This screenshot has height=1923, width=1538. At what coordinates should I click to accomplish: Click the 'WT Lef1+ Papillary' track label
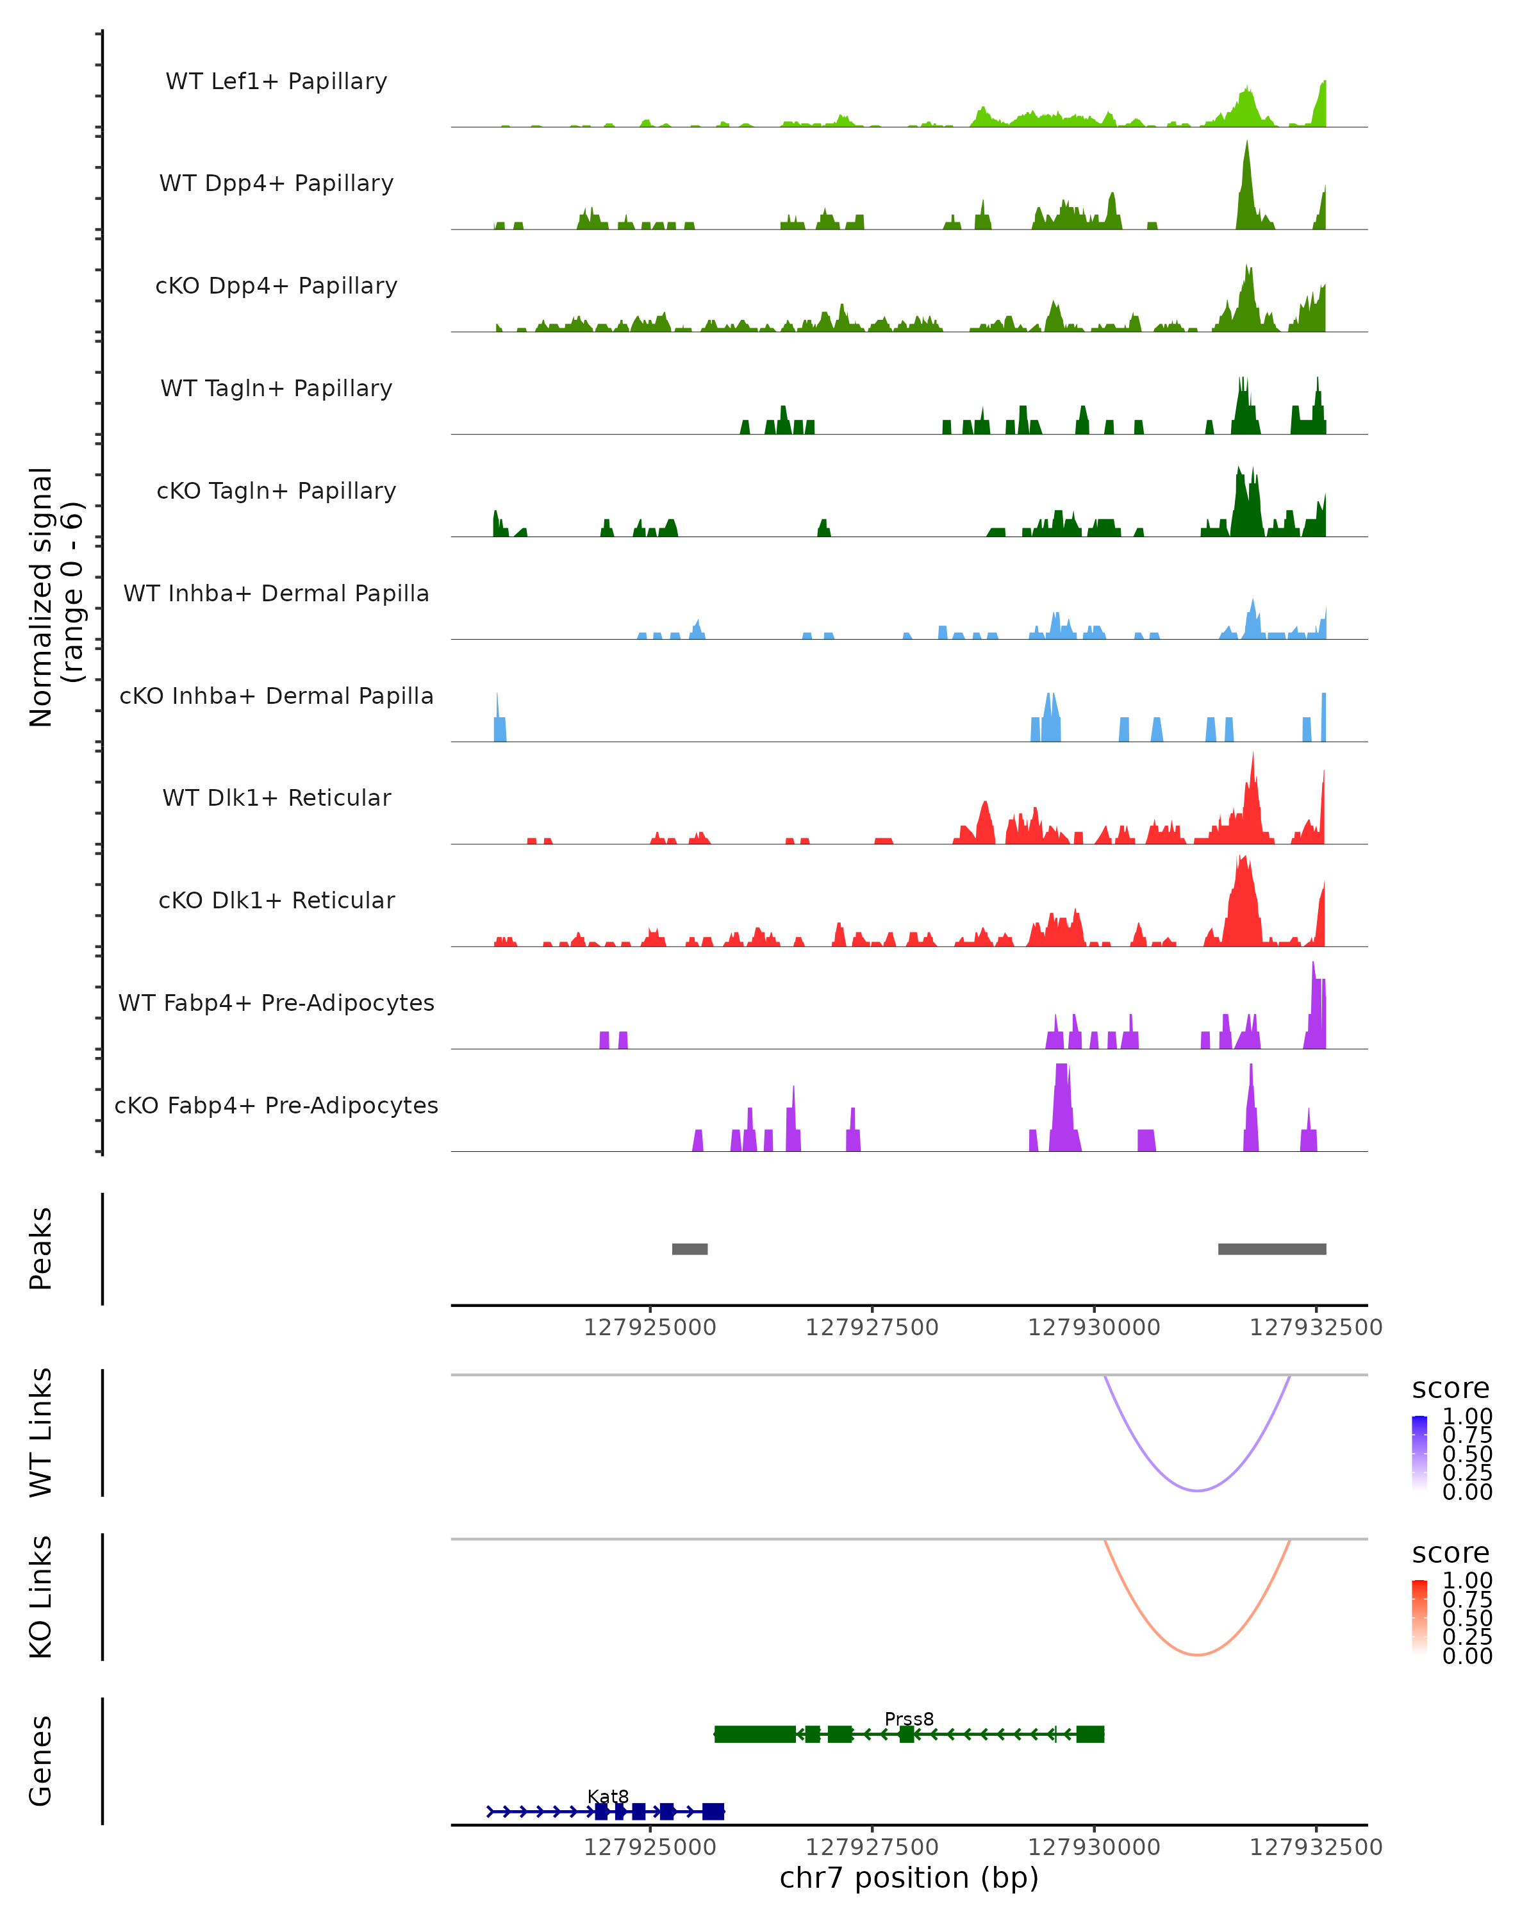tap(276, 81)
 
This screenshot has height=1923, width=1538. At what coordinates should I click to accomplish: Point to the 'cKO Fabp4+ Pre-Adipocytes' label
tap(276, 1105)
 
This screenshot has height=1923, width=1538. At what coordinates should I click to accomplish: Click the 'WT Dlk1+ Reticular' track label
tap(276, 797)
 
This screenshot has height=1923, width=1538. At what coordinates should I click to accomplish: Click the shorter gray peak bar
tap(689, 1249)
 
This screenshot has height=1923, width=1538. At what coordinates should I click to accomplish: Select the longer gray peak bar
tap(1271, 1249)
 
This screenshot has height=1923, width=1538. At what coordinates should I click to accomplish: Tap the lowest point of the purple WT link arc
tap(1198, 1490)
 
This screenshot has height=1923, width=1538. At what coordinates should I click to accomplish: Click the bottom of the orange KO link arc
tap(1198, 1654)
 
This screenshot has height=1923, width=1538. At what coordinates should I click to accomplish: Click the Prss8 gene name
tap(909, 1719)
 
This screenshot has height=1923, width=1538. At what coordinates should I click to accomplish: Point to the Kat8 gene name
tap(608, 1796)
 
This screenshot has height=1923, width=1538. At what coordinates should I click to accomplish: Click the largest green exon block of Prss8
tap(754, 1734)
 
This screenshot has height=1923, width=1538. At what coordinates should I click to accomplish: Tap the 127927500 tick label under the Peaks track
tap(872, 1328)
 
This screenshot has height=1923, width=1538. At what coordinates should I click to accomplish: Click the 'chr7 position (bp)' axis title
tap(909, 1877)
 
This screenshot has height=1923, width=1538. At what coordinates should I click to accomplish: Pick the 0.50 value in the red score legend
tap(1467, 1617)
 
